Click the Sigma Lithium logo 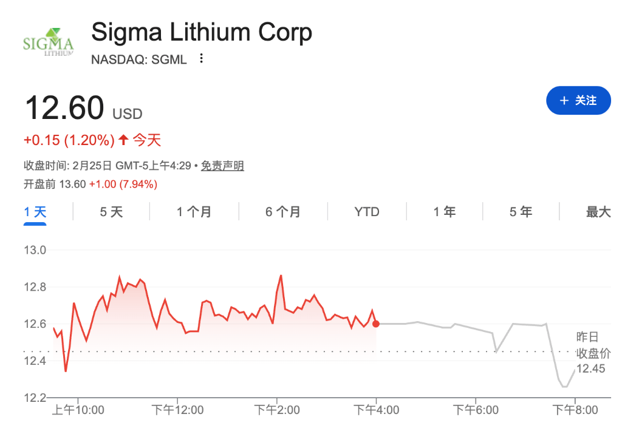pyautogui.click(x=48, y=42)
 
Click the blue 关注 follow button pyautogui.click(x=578, y=100)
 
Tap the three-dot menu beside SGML pyautogui.click(x=202, y=59)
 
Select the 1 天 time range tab pyautogui.click(x=35, y=212)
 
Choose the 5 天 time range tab pyautogui.click(x=111, y=212)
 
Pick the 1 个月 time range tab pyautogui.click(x=194, y=212)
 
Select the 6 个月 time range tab pyautogui.click(x=283, y=212)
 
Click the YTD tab pyautogui.click(x=367, y=212)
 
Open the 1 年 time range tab pyautogui.click(x=445, y=212)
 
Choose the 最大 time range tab pyautogui.click(x=598, y=212)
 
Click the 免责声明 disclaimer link pyautogui.click(x=222, y=166)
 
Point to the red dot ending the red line pyautogui.click(x=376, y=324)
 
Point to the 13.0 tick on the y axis pyautogui.click(x=35, y=249)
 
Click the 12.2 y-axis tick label pyautogui.click(x=35, y=398)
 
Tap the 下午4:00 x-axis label pyautogui.click(x=377, y=410)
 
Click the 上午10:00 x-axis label pyautogui.click(x=78, y=410)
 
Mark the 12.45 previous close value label pyautogui.click(x=590, y=368)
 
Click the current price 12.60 pyautogui.click(x=64, y=108)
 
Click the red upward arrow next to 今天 pyautogui.click(x=123, y=140)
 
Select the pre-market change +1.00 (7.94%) pyautogui.click(x=123, y=184)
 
